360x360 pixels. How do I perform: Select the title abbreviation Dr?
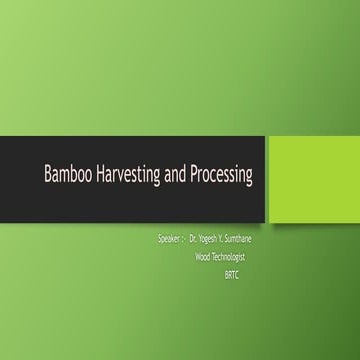click(x=194, y=240)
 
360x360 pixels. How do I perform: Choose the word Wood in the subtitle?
click(x=209, y=256)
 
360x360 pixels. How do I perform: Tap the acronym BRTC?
click(x=234, y=273)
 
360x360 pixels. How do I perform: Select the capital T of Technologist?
click(x=223, y=256)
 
